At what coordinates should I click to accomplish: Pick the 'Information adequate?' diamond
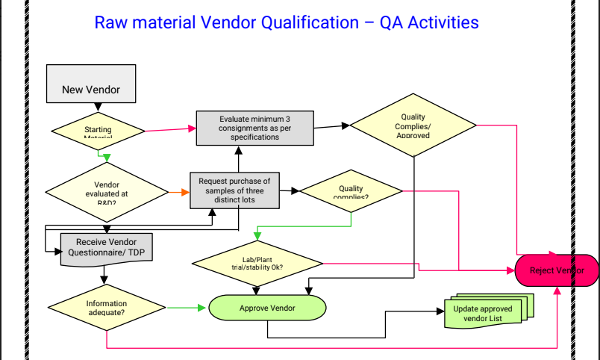click(x=107, y=307)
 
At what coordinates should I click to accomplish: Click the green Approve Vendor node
click(x=267, y=308)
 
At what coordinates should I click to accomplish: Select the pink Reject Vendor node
click(x=557, y=270)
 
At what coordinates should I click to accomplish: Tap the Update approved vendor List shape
click(x=483, y=312)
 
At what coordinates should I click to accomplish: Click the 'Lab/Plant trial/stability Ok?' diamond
click(x=257, y=263)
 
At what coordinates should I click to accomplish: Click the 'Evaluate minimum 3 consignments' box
click(x=254, y=127)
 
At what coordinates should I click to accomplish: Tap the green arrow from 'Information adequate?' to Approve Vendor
click(x=185, y=307)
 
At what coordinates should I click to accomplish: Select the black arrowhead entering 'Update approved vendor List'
click(x=438, y=312)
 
